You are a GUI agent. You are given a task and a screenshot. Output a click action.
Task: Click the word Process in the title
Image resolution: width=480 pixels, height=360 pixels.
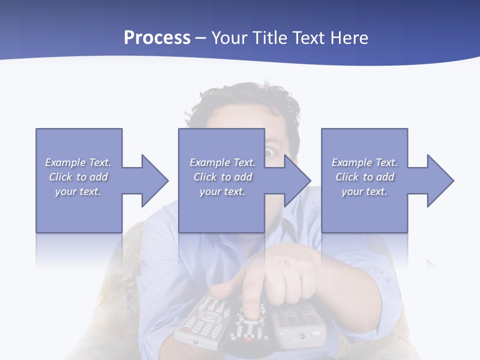click(157, 38)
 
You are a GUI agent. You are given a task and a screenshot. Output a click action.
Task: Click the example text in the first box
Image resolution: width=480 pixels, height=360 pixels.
click(78, 177)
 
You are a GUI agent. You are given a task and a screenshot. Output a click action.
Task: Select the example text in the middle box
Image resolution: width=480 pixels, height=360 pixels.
click(222, 177)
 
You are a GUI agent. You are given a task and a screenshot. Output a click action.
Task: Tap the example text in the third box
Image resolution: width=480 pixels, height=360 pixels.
click(364, 177)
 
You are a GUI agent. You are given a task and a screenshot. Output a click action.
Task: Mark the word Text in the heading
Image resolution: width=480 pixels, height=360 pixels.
click(308, 38)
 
